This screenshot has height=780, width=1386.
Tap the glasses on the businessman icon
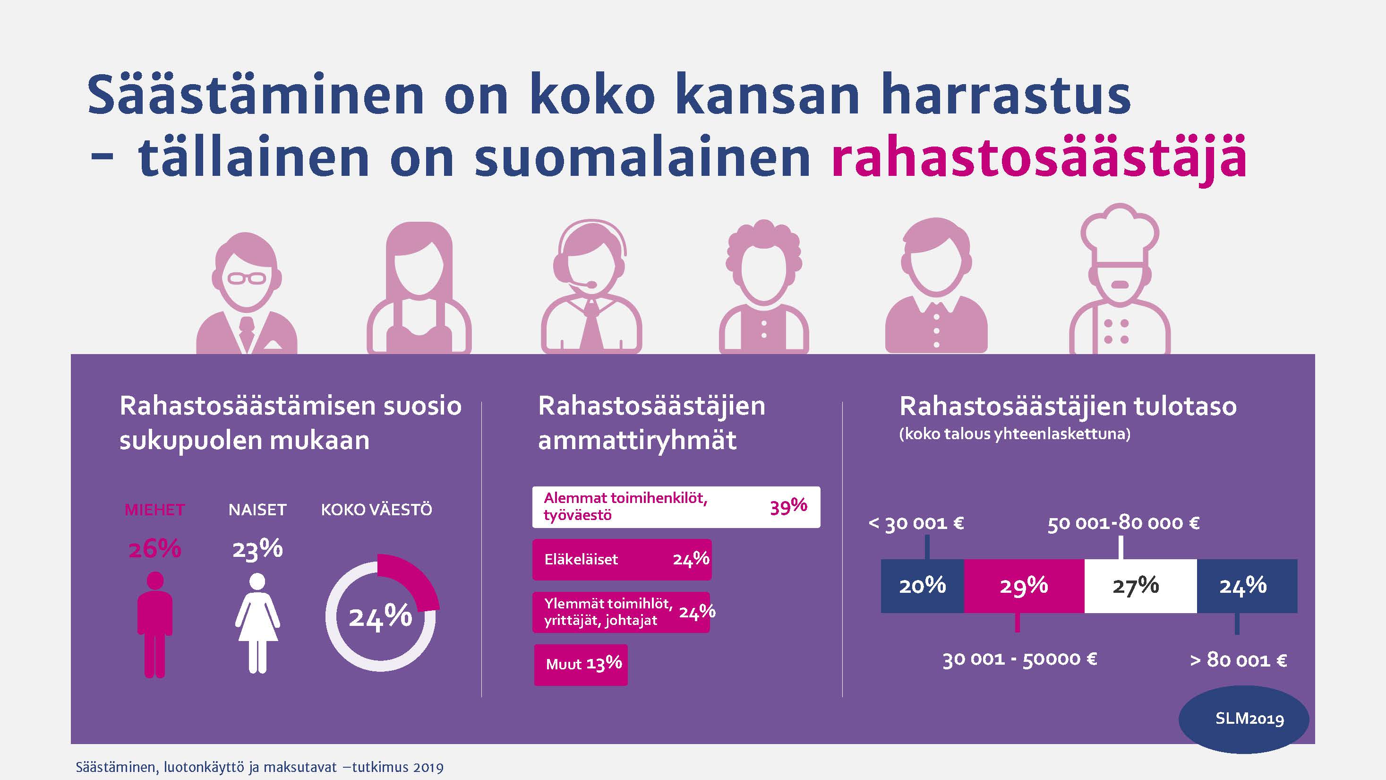tap(247, 278)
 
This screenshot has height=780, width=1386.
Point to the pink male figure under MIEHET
tap(155, 624)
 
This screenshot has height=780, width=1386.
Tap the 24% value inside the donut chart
tap(380, 617)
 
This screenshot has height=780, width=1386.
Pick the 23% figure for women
tap(257, 549)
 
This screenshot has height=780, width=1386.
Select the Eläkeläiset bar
tap(622, 559)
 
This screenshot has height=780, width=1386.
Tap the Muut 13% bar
tap(581, 665)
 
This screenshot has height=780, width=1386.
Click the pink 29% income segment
tap(1024, 586)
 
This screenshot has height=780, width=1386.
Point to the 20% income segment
tap(922, 586)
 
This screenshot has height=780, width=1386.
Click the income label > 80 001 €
tap(1239, 660)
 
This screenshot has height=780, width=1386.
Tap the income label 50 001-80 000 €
tap(1123, 523)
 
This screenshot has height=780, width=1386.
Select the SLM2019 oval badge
tap(1244, 719)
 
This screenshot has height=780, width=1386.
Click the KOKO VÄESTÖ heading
tap(376, 510)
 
